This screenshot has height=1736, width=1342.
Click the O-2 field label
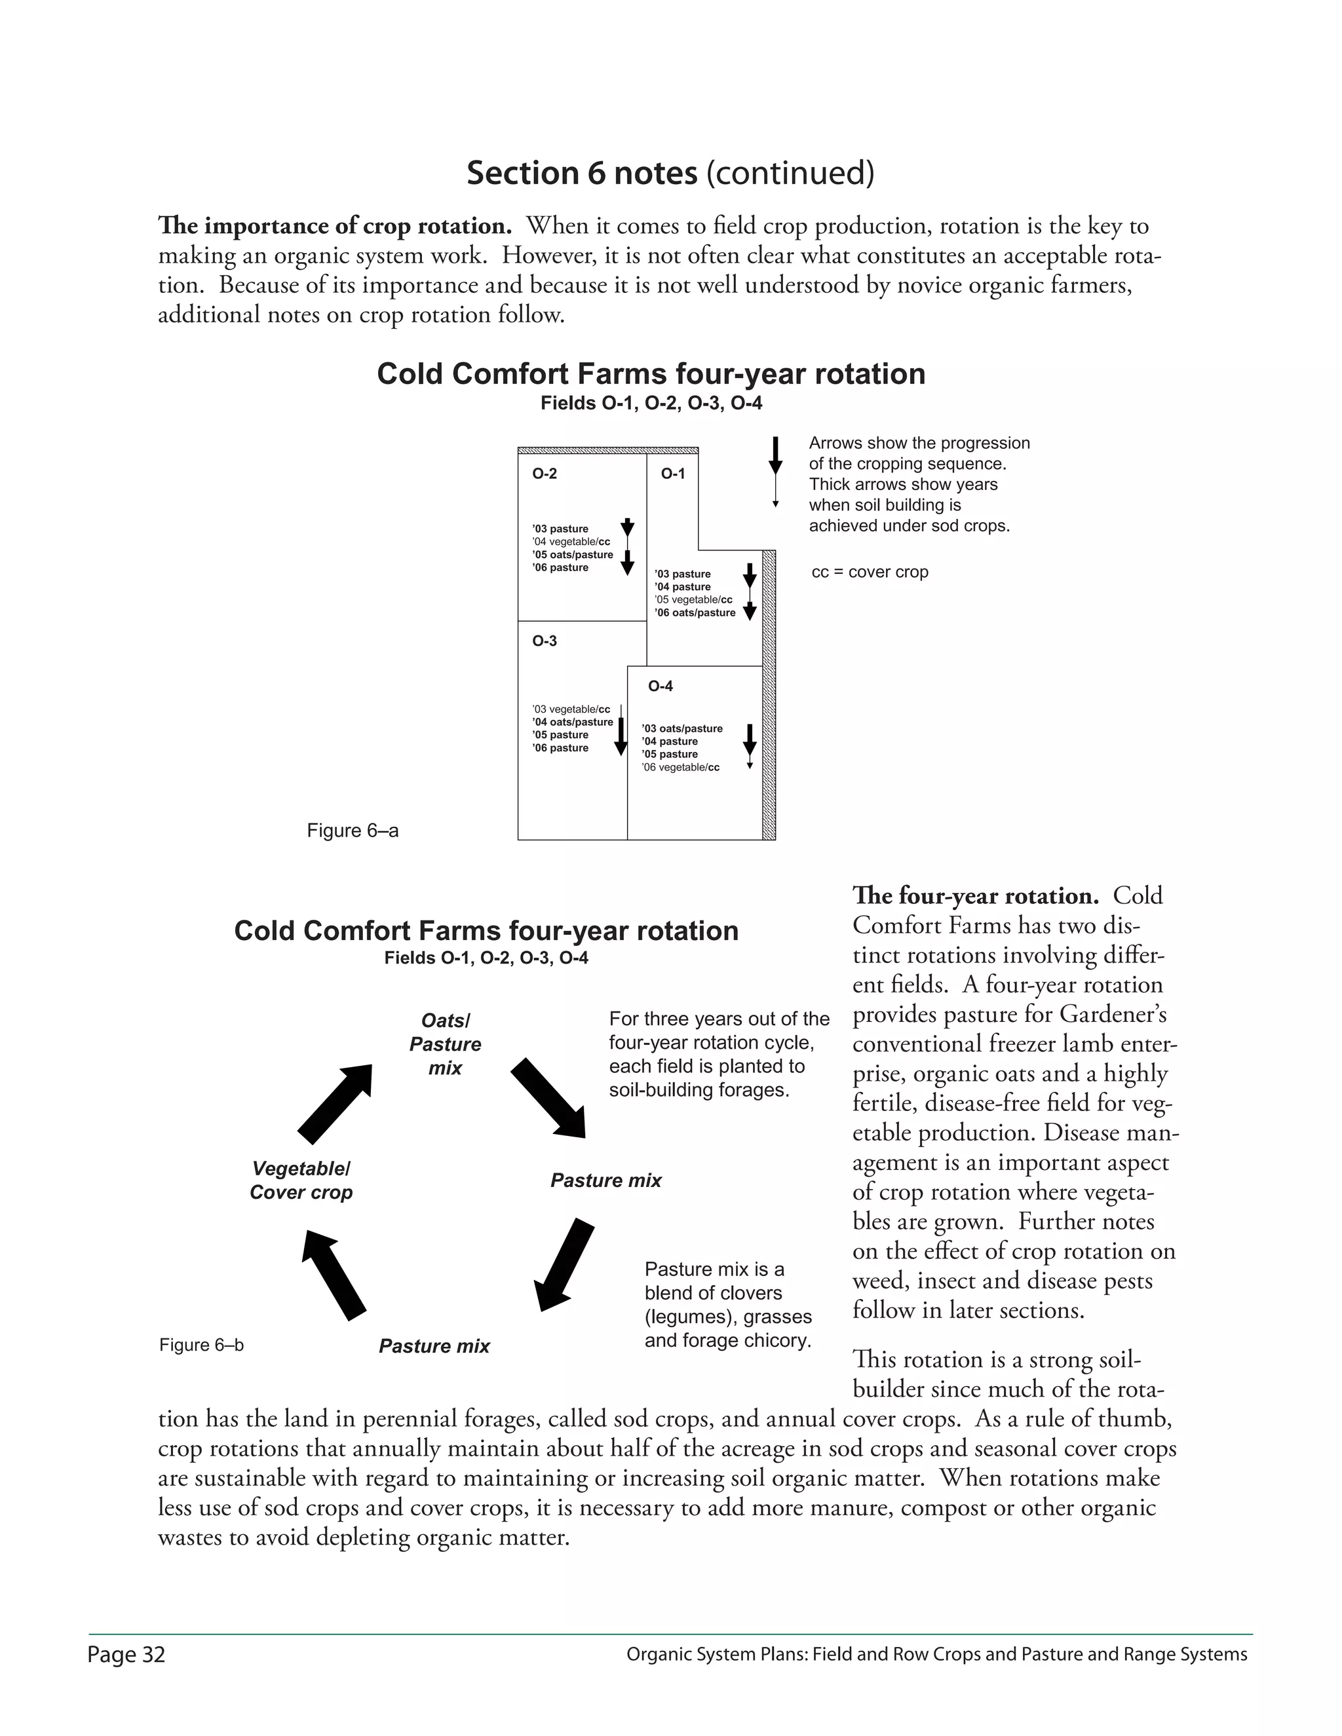click(545, 474)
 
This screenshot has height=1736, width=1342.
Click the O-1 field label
click(672, 474)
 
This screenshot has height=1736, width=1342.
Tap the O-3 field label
click(545, 641)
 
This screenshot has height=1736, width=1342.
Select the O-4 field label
click(660, 686)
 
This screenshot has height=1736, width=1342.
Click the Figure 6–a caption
click(352, 831)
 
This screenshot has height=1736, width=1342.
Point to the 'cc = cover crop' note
click(870, 573)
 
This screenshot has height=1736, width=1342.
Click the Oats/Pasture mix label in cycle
click(445, 1044)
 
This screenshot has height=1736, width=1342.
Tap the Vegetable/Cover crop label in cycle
click(301, 1180)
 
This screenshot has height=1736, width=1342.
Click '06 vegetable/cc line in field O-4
click(681, 768)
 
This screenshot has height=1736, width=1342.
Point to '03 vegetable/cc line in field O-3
click(571, 709)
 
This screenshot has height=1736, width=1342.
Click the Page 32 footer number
click(126, 1655)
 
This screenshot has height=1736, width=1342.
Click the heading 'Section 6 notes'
click(582, 174)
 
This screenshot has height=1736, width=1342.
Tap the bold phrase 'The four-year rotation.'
click(976, 896)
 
